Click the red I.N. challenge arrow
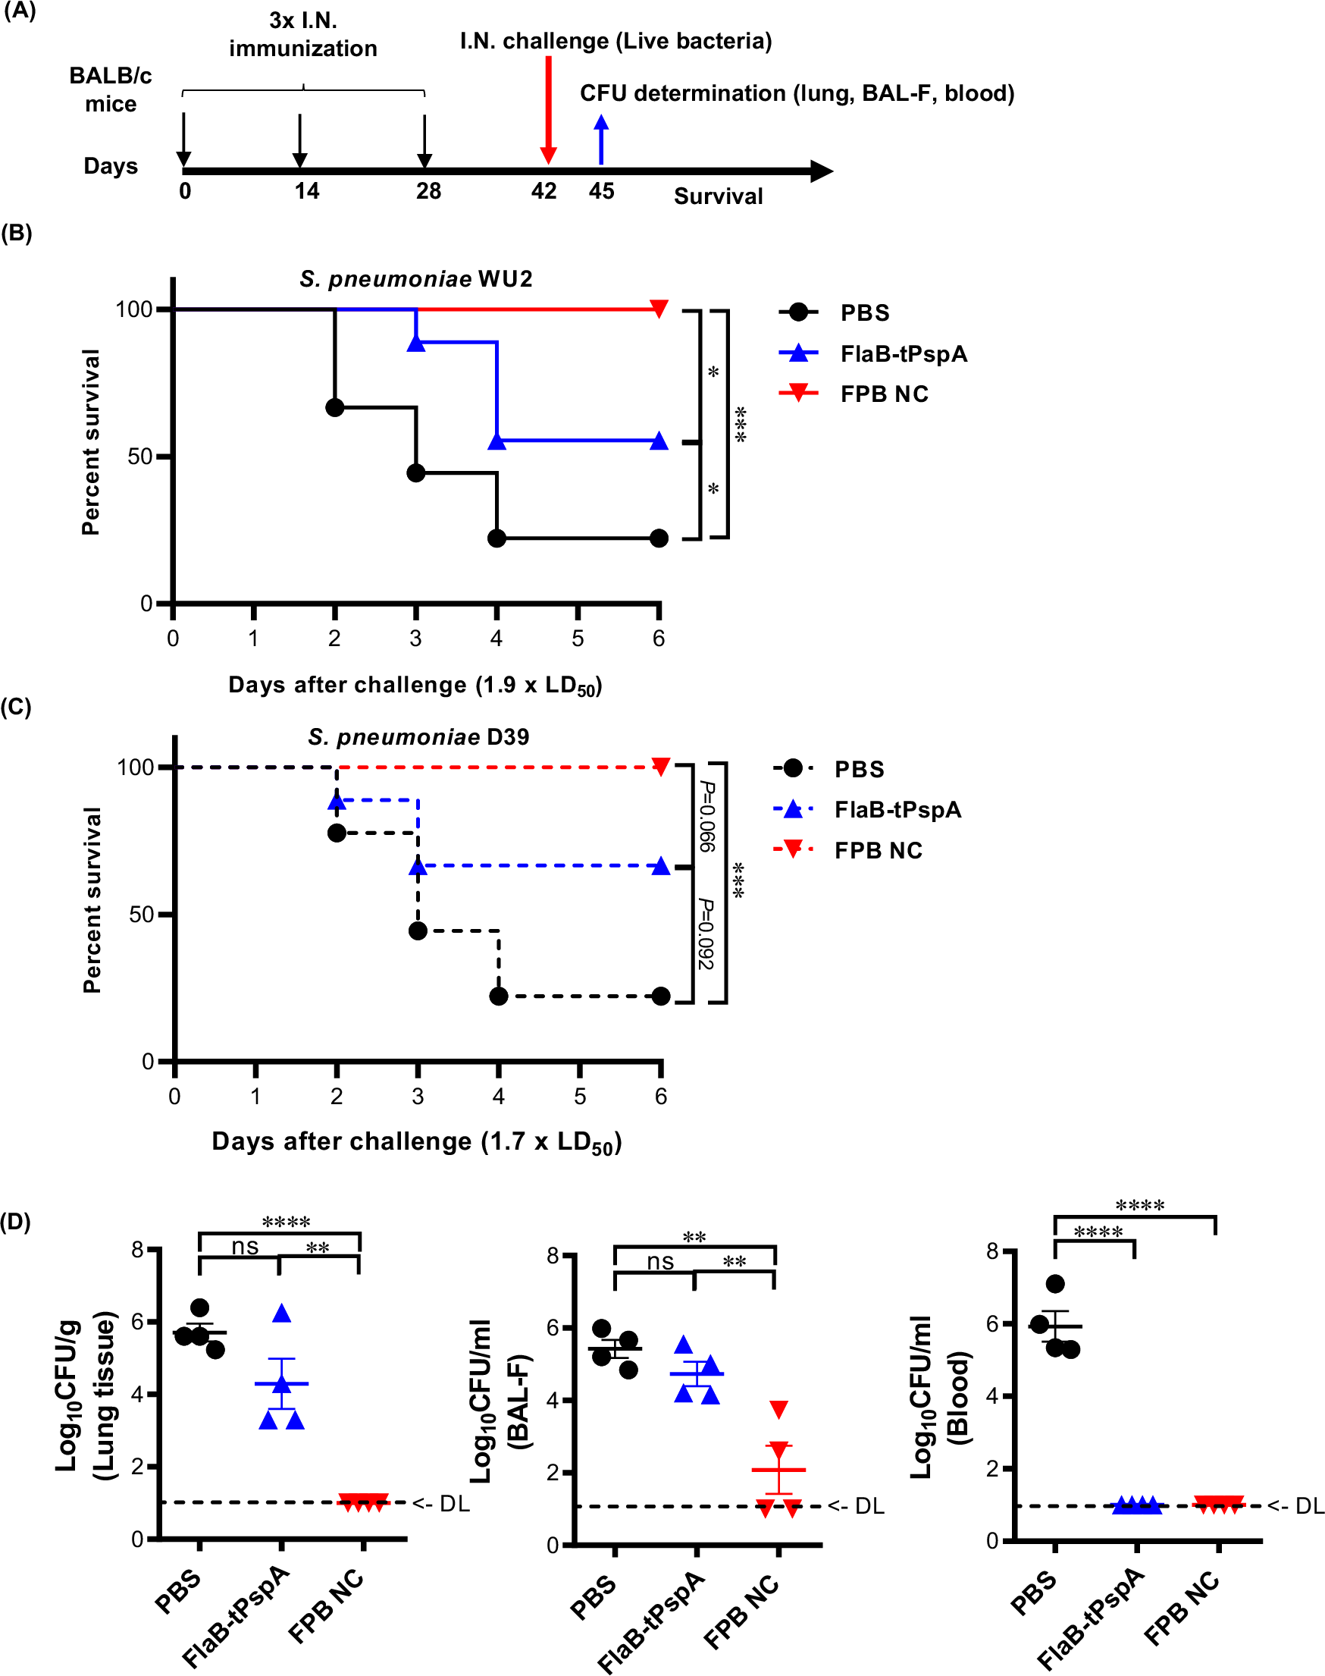[x=549, y=108]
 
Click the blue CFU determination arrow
[x=601, y=140]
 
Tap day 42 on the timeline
[x=543, y=191]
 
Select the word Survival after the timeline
[x=718, y=196]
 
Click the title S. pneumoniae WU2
[x=416, y=278]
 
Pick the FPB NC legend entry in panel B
[x=884, y=394]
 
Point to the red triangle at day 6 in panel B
[x=659, y=308]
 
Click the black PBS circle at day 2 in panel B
[x=334, y=407]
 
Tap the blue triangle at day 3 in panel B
[x=416, y=342]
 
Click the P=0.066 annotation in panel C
[x=706, y=816]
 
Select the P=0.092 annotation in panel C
[x=705, y=934]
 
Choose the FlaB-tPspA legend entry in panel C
[x=897, y=809]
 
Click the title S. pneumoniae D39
[x=418, y=736]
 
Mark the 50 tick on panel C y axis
[x=141, y=914]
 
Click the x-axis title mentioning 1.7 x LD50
[x=417, y=1142]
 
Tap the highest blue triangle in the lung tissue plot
[x=282, y=1313]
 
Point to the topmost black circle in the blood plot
[x=1054, y=1283]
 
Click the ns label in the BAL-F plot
[x=660, y=1262]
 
